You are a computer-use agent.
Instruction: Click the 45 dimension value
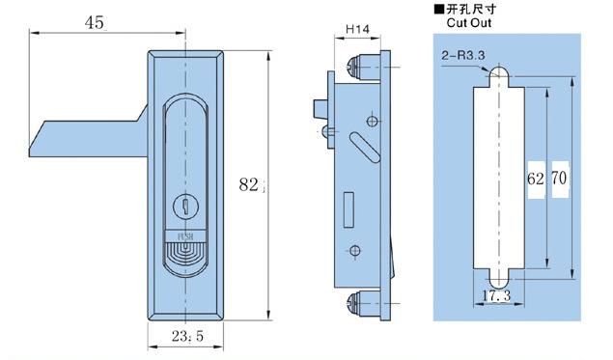coord(95,22)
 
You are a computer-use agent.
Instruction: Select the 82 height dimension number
coord(249,184)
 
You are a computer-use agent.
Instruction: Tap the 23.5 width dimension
coord(187,336)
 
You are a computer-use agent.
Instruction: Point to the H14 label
coord(357,29)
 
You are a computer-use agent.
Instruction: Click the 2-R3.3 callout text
coord(463,56)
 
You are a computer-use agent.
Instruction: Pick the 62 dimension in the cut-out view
coord(536,179)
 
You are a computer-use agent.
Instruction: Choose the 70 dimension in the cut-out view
coord(559,179)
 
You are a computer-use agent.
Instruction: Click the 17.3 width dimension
coord(496,296)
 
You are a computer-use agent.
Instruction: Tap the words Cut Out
coord(469,22)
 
